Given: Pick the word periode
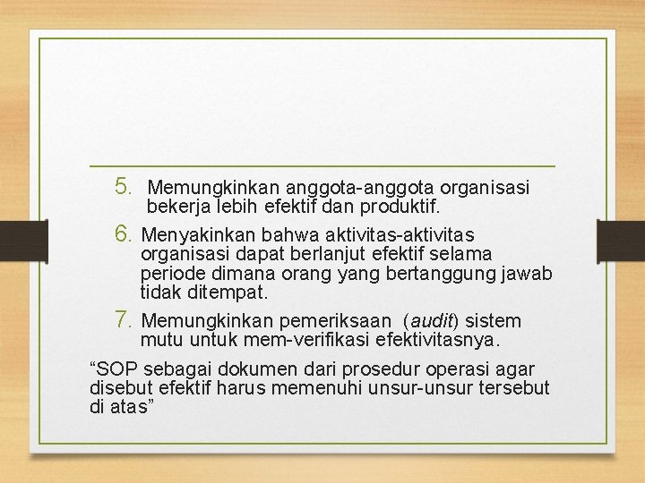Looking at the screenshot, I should tap(169, 274).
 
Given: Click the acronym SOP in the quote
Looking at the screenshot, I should tap(118, 369).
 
